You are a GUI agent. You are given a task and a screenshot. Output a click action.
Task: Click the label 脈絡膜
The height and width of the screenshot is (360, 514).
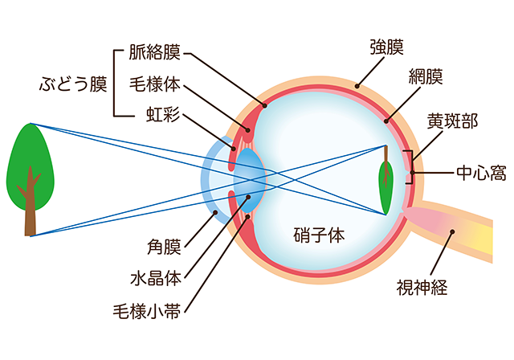coord(154,52)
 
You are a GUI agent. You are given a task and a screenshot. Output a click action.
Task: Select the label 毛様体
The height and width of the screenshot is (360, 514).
coord(154,84)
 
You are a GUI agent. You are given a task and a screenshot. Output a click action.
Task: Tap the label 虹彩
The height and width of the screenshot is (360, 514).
coord(163,114)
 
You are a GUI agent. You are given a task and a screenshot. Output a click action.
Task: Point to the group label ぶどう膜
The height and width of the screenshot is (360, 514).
coord(73,84)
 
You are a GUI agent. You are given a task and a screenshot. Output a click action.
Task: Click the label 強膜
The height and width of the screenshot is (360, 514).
coord(387,47)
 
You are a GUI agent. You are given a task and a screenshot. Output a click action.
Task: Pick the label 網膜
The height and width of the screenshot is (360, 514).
coord(426,76)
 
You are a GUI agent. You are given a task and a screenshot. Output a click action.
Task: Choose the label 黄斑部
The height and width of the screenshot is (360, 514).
coord(452,121)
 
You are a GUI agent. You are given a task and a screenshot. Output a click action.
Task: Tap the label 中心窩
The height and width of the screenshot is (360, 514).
coord(481,173)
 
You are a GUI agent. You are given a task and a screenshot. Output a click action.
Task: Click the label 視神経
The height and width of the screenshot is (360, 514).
coord(422,287)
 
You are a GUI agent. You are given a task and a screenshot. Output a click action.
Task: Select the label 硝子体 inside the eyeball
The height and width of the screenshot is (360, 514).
coord(319,235)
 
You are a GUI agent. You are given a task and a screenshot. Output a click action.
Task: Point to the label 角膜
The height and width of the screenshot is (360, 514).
coord(164,247)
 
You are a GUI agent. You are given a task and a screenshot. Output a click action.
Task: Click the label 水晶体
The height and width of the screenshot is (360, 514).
coord(156,279)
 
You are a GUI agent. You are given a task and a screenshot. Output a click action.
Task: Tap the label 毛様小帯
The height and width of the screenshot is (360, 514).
coord(147,311)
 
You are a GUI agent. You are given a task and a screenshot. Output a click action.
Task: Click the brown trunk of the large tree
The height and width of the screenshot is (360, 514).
coord(31,203)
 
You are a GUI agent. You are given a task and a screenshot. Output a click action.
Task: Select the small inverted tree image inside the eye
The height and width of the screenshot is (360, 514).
coord(385,180)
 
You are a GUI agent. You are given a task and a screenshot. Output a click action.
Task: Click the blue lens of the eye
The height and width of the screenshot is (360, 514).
coord(249,181)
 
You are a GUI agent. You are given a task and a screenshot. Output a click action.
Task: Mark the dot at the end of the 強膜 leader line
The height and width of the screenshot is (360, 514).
coord(357,87)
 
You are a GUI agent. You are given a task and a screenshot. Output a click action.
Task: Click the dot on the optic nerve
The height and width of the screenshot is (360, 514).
coord(452,231)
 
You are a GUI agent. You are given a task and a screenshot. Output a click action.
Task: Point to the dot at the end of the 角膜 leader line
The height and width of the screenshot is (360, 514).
coord(215,212)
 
